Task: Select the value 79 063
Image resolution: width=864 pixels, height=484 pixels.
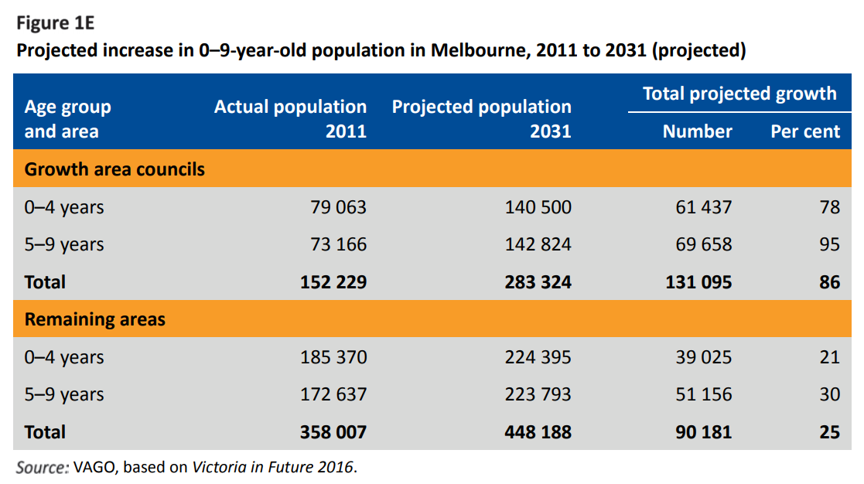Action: click(x=333, y=207)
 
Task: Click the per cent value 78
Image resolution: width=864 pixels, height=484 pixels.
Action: click(x=829, y=207)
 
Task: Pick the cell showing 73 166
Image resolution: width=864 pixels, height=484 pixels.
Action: click(x=333, y=244)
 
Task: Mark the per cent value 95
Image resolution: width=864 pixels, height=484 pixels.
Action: click(x=829, y=244)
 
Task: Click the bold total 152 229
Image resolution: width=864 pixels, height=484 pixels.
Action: click(x=333, y=282)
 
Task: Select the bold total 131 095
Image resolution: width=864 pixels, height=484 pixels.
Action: click(x=698, y=282)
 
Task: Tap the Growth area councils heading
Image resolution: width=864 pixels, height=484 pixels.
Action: click(x=114, y=169)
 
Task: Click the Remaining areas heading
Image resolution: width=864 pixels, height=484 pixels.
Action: click(x=95, y=319)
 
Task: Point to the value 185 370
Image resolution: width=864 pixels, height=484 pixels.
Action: click(x=333, y=357)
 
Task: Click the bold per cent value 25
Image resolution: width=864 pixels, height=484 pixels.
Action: click(x=829, y=432)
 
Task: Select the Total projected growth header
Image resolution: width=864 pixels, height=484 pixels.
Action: click(x=739, y=94)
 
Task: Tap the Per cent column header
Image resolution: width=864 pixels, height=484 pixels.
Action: click(x=804, y=131)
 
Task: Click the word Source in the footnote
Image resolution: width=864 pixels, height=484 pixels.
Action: click(x=43, y=467)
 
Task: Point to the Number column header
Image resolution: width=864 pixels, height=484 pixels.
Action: click(x=697, y=131)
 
